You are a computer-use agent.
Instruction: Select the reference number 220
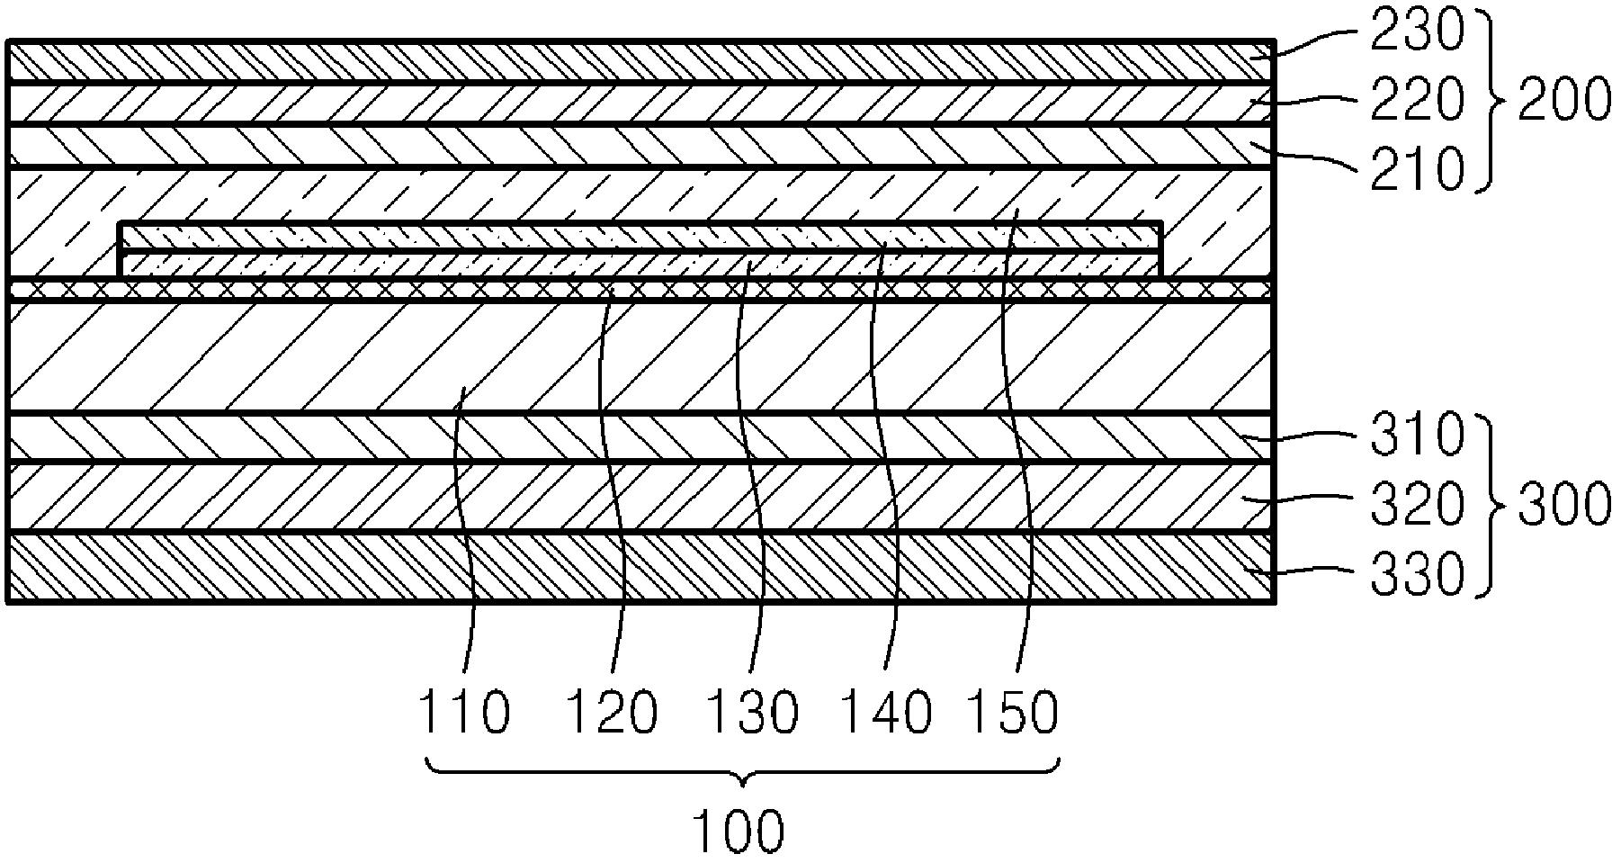(1417, 99)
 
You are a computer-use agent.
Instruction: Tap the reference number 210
(1417, 167)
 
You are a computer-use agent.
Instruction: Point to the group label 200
(1564, 99)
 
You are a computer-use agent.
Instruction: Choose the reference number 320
(1417, 503)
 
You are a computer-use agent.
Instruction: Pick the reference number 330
(1417, 572)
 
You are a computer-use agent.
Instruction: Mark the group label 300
(1564, 503)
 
